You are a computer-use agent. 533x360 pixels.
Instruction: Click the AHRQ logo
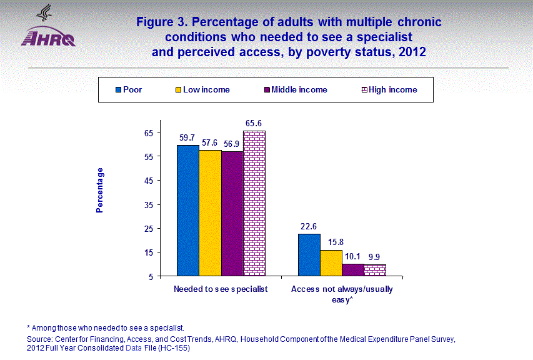(x=48, y=28)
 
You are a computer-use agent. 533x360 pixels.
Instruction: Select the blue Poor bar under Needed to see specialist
(x=187, y=210)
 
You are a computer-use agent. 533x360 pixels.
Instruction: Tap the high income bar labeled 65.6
(x=254, y=202)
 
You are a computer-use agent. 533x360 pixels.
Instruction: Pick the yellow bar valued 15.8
(x=331, y=262)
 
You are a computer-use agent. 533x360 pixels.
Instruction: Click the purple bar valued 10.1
(x=353, y=269)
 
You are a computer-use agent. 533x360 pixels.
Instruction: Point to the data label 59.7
(x=187, y=137)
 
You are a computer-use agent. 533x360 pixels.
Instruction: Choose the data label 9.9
(x=376, y=256)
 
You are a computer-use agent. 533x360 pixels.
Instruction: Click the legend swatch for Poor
(x=117, y=89)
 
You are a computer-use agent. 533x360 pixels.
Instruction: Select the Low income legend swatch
(x=177, y=89)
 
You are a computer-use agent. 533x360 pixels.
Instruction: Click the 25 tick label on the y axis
(x=149, y=228)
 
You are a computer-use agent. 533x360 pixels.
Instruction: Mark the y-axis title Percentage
(x=100, y=190)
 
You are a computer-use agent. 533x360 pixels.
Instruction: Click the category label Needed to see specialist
(x=221, y=289)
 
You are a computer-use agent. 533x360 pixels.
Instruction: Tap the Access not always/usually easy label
(x=342, y=294)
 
